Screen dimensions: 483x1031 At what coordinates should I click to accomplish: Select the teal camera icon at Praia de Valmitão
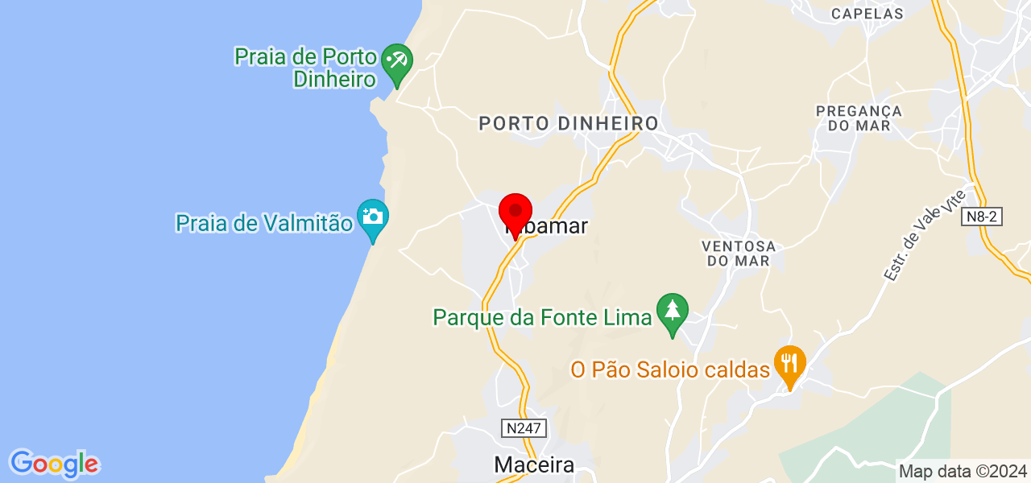373,217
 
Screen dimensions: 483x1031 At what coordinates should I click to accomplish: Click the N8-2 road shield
983,217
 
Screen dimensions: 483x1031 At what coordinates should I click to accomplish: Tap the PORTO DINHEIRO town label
569,123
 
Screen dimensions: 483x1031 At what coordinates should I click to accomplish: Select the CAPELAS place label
867,14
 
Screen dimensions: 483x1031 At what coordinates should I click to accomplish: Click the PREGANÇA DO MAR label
859,118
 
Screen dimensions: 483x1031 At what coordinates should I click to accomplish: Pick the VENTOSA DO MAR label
739,253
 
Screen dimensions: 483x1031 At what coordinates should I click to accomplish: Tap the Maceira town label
534,464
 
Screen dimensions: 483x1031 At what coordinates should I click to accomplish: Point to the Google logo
54,464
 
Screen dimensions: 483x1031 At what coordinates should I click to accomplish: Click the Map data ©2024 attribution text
963,472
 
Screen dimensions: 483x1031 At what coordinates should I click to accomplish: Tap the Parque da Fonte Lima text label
542,317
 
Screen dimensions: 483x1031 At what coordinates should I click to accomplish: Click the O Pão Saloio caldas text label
670,369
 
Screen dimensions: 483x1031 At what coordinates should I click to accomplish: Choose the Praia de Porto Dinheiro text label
306,68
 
